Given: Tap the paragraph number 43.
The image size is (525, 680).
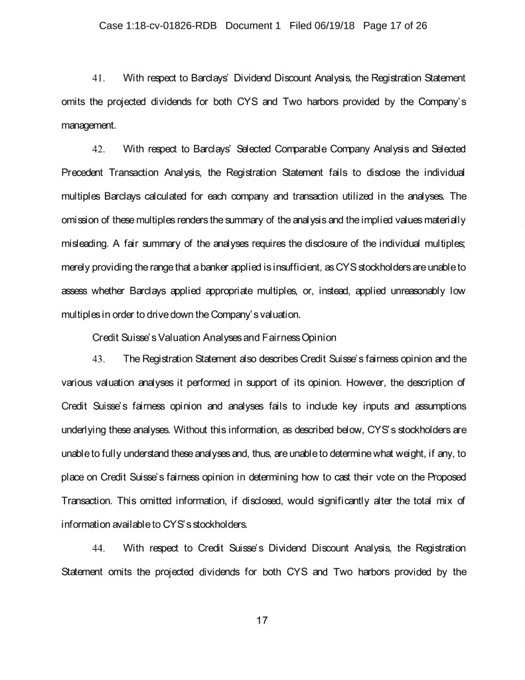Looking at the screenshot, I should (98, 359).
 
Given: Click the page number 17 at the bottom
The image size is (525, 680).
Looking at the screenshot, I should (262, 620).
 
